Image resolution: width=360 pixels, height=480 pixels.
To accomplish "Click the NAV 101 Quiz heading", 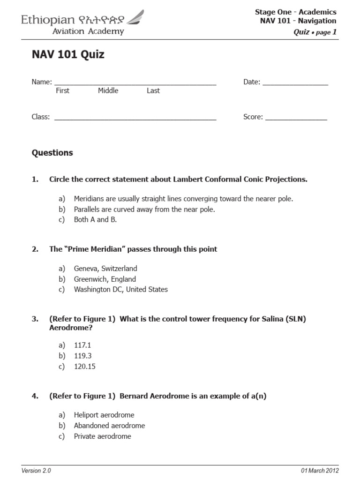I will click(68, 55).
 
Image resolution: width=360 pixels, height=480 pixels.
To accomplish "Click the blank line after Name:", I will click(135, 84).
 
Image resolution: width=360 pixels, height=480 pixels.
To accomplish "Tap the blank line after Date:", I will click(295, 84).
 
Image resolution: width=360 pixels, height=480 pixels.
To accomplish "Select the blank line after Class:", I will click(135, 119).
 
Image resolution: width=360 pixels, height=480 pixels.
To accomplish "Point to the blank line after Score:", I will click(296, 119).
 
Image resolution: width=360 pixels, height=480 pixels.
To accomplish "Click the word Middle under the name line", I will click(108, 91).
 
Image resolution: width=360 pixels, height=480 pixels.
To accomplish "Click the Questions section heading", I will click(52, 153).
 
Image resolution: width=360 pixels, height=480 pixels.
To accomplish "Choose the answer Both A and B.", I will click(95, 220).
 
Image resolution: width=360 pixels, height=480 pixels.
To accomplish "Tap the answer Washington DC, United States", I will click(120, 290).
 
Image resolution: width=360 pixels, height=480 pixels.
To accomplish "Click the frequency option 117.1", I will click(82, 345).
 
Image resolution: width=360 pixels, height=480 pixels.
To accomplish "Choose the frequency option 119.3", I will click(82, 356).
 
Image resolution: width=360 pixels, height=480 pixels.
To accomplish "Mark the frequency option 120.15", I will click(84, 367).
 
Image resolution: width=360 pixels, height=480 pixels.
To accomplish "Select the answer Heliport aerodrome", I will click(104, 415).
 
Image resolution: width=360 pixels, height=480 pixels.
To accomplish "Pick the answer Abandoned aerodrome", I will click(109, 426).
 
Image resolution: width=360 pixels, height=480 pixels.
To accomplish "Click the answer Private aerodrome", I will click(102, 436).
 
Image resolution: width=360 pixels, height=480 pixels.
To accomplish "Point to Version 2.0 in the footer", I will click(36, 471).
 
